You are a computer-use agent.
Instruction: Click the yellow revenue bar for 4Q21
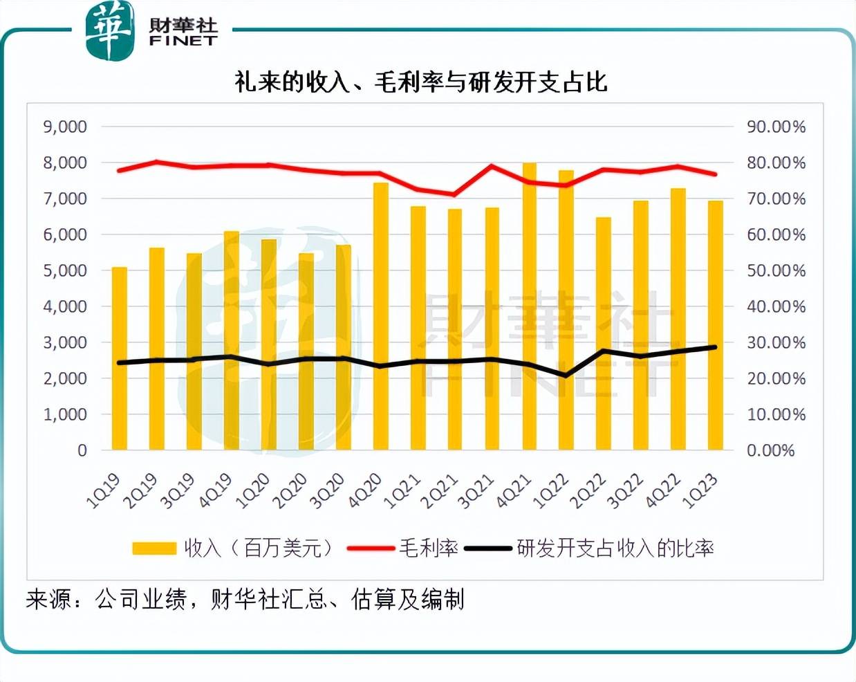[530, 311]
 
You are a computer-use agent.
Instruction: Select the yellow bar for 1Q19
[120, 360]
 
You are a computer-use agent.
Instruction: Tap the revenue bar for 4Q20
[381, 318]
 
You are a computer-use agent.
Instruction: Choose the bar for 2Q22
[604, 335]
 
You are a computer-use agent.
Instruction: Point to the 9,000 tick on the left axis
[65, 127]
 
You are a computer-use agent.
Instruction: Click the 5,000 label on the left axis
[65, 270]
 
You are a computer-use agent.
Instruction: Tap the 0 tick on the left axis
[82, 450]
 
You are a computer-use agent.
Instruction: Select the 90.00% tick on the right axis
[776, 127]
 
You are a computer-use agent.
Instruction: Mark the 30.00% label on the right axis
[776, 342]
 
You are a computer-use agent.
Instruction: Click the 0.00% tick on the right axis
[771, 450]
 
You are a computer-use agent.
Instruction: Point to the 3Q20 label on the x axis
[326, 492]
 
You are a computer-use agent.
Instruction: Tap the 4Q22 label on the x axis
[662, 492]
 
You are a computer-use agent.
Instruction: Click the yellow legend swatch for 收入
[154, 549]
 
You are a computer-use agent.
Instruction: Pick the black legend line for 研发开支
[490, 549]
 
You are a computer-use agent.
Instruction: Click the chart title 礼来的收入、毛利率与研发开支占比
[421, 82]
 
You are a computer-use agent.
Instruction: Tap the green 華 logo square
[109, 31]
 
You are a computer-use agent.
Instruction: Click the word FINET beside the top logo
[183, 42]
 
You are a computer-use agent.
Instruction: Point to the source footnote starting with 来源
[245, 599]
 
